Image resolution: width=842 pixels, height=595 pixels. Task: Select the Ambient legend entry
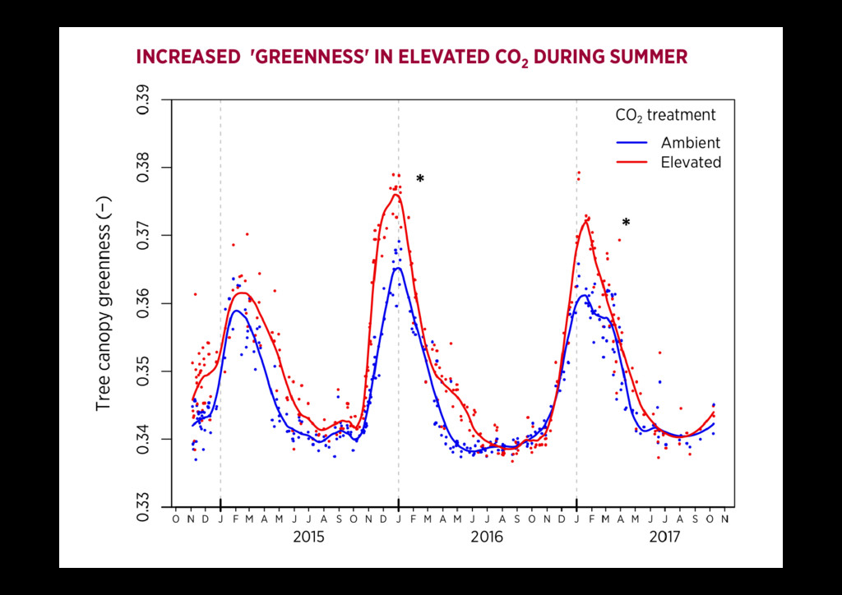click(x=690, y=143)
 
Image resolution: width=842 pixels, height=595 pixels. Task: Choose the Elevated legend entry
click(x=691, y=163)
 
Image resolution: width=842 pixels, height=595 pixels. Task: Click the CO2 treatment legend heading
click(x=665, y=116)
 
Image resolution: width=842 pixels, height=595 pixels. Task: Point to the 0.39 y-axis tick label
click(x=144, y=100)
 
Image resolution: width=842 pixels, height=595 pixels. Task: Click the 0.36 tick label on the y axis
click(x=144, y=303)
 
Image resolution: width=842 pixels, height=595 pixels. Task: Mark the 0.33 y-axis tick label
click(x=144, y=506)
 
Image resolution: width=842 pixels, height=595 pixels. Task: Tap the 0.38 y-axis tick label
click(x=144, y=168)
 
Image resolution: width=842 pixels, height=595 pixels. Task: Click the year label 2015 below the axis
click(x=308, y=537)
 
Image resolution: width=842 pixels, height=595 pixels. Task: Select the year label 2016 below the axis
click(x=487, y=537)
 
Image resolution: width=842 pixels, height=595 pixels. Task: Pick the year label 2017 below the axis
click(x=664, y=537)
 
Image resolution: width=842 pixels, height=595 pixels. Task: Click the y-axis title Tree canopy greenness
click(x=104, y=304)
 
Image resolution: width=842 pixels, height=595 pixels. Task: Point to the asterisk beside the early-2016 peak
click(x=420, y=180)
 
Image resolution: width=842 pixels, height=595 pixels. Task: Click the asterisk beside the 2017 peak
click(x=626, y=224)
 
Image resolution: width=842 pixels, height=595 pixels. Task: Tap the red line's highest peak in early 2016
click(x=396, y=194)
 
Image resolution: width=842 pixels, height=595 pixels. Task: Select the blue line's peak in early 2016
click(x=397, y=268)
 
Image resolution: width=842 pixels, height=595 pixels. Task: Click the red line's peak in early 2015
click(x=243, y=293)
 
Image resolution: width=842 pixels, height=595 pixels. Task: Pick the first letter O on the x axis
click(x=175, y=519)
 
